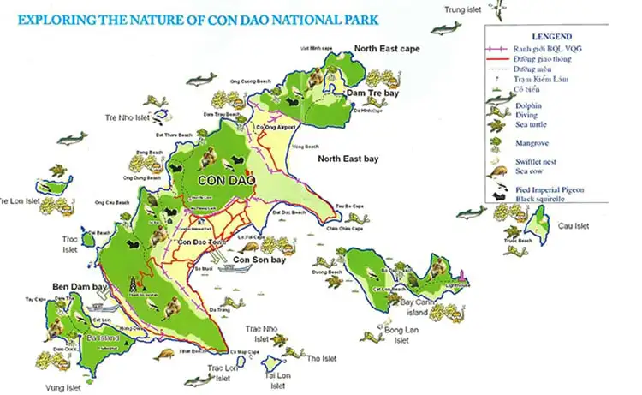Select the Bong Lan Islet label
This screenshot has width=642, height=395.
(398, 334)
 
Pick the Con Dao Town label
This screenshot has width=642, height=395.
(202, 243)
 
